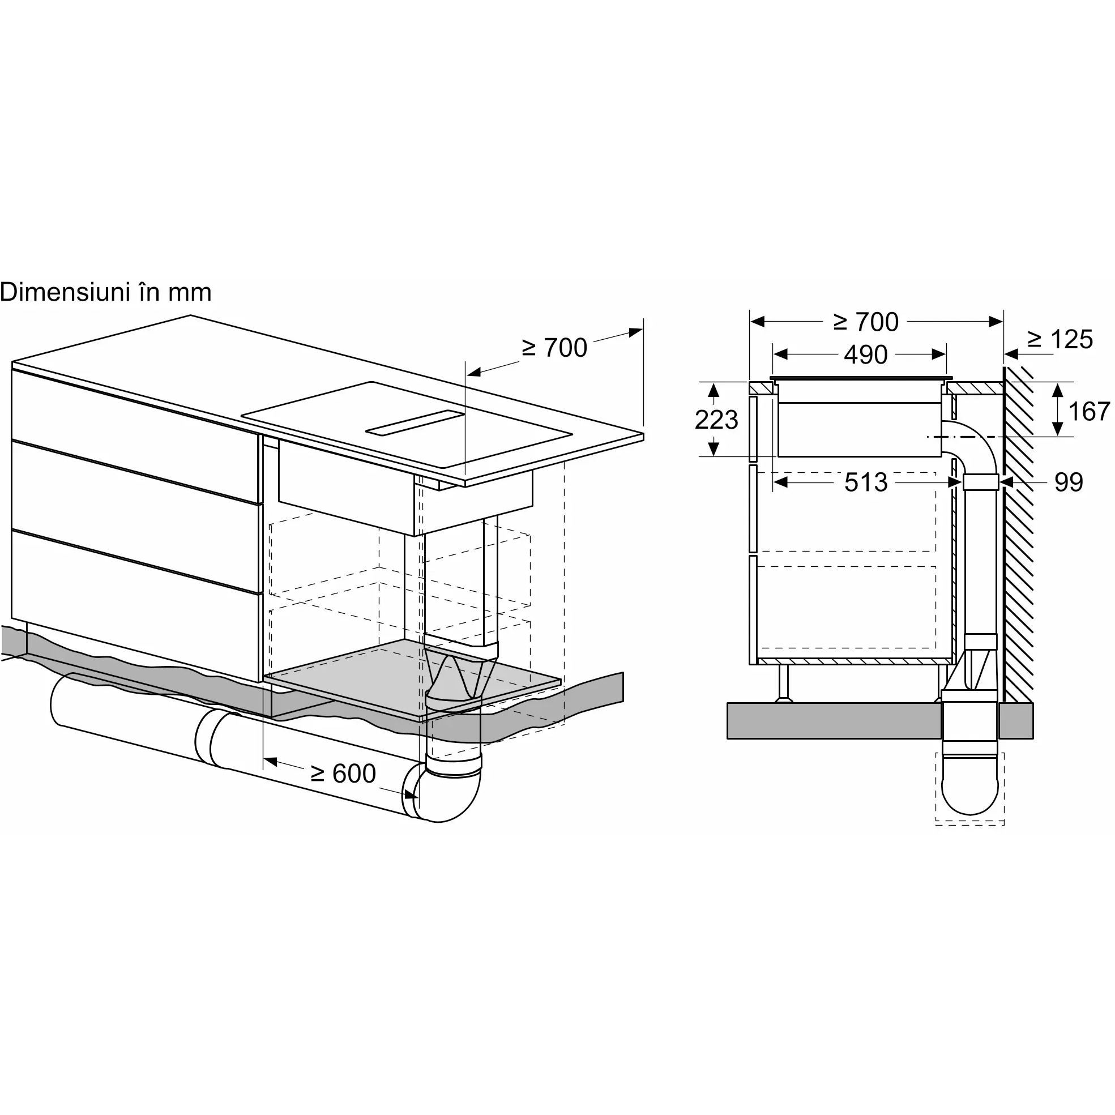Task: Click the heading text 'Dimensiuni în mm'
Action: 106,292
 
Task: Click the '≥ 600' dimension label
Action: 343,774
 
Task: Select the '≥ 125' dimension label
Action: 1060,339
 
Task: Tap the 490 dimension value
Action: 866,354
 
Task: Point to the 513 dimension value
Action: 866,482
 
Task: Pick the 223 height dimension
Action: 716,420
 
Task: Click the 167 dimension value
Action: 1089,412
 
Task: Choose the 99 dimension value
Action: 1069,482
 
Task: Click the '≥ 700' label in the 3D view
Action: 554,348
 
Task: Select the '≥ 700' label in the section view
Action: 866,322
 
